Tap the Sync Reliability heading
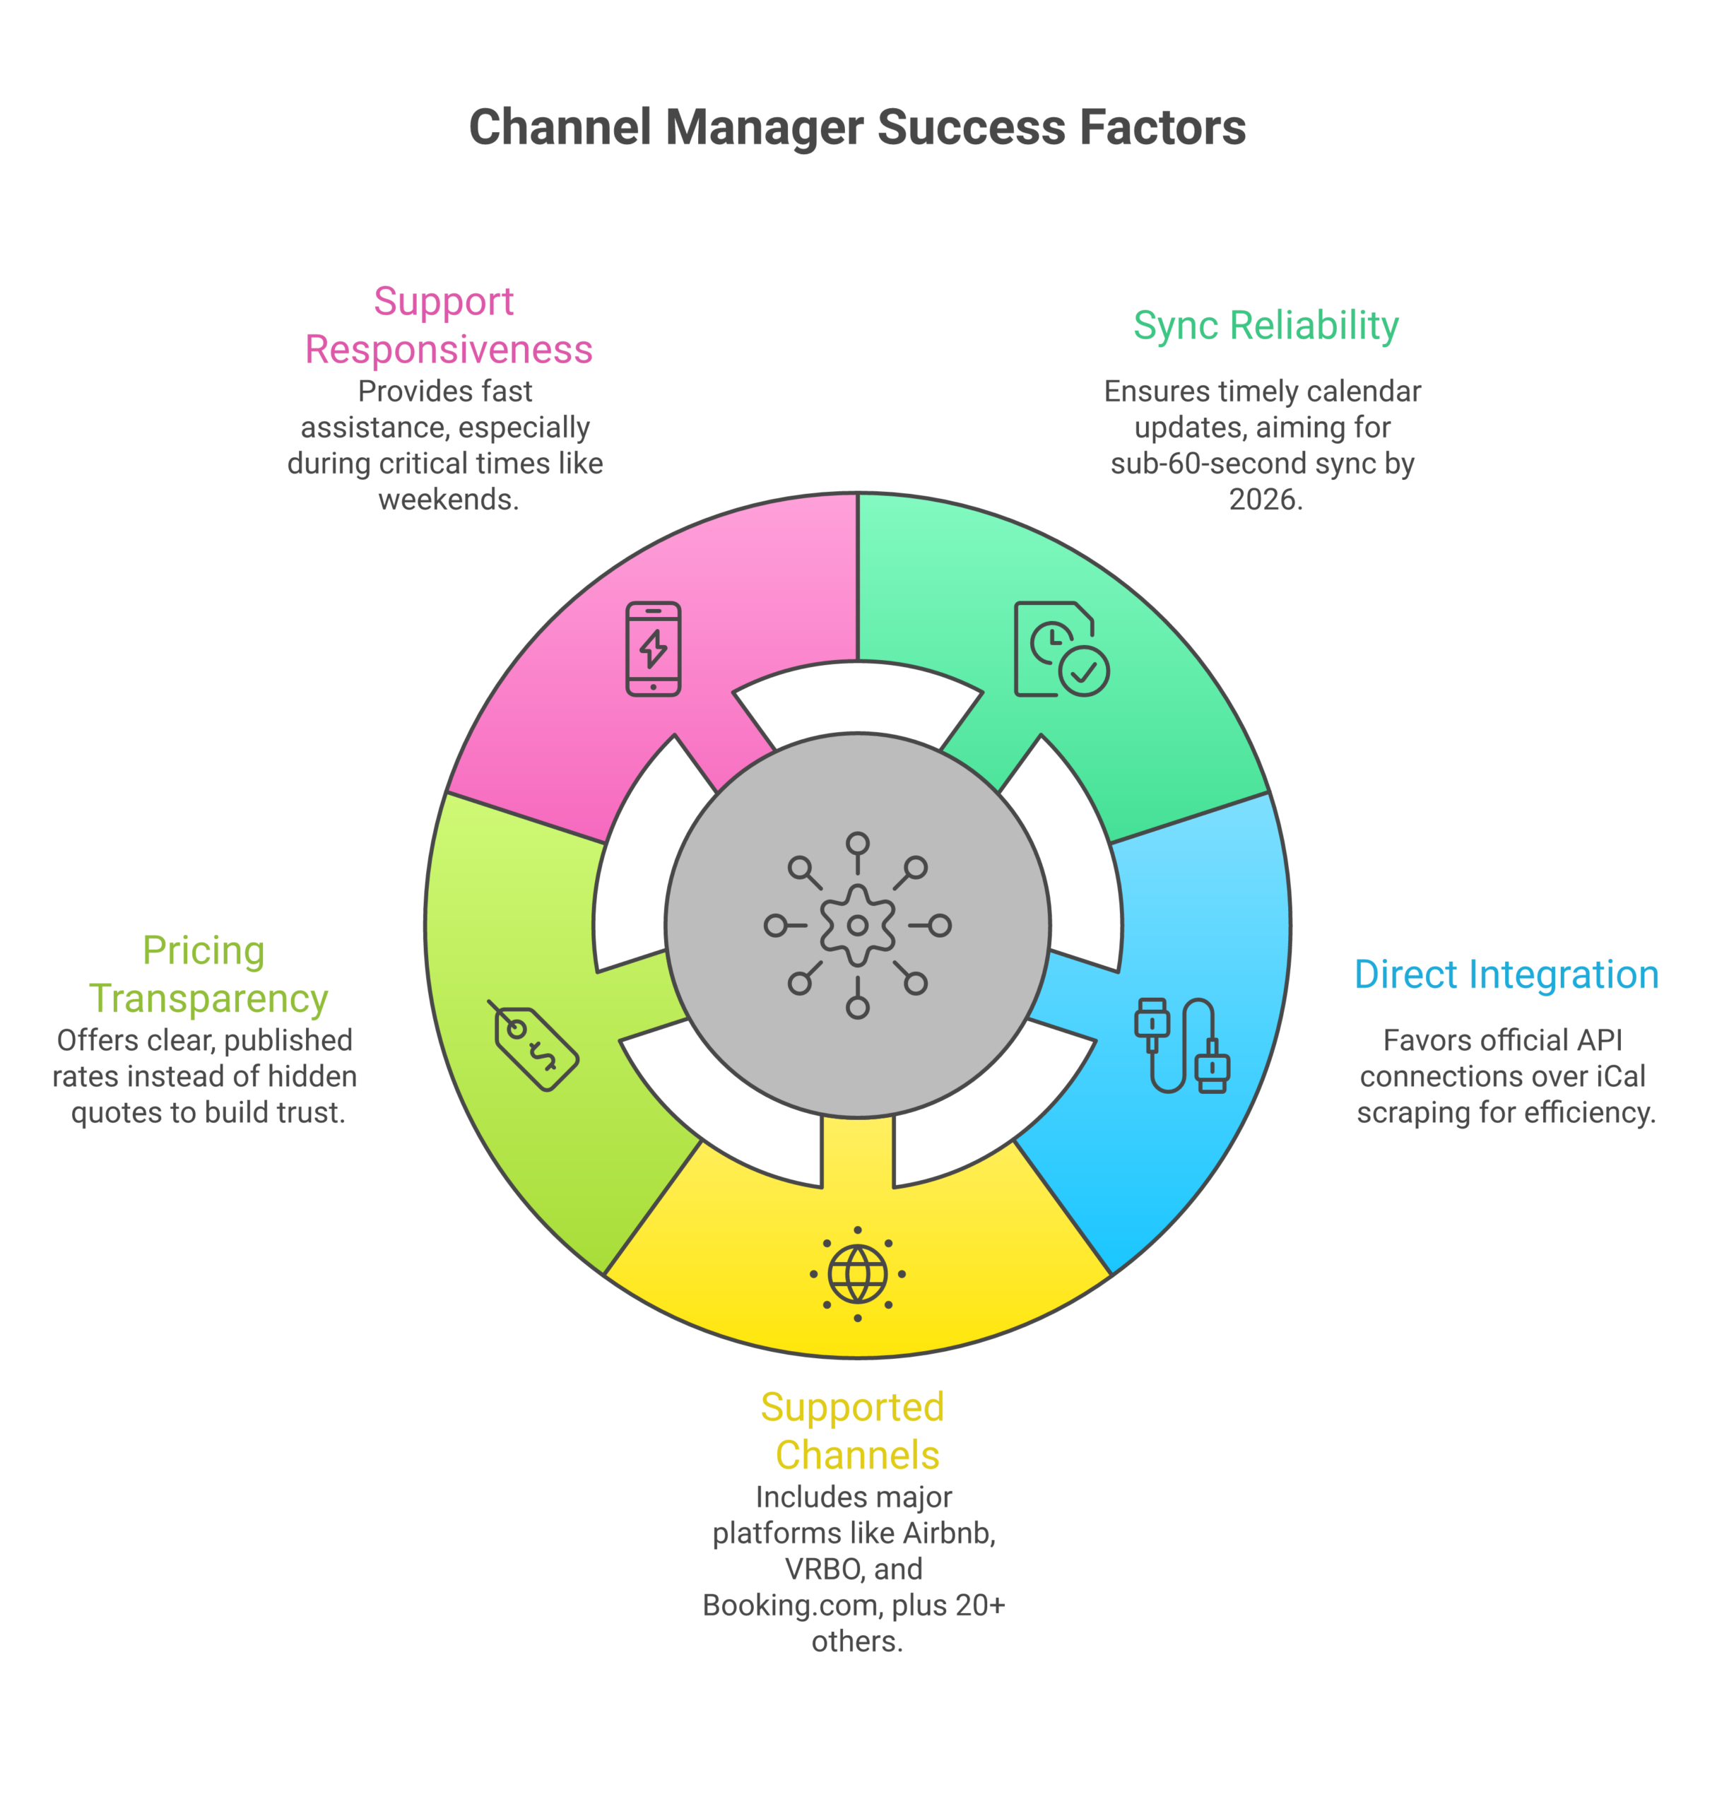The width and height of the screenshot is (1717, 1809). coord(1265,326)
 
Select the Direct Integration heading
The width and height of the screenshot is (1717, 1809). coord(1506,975)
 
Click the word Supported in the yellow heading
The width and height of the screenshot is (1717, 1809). coord(852,1408)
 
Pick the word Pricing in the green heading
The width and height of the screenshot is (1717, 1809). coord(203,951)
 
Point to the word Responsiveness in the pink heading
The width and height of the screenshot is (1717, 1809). coord(449,350)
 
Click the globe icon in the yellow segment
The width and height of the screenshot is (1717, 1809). coord(858,1273)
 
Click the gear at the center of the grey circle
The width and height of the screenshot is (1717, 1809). coord(858,925)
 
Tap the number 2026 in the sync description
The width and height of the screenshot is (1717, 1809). coord(1264,500)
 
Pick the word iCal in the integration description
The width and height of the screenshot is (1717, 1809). coord(1620,1077)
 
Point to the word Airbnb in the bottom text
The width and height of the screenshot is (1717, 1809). coord(948,1533)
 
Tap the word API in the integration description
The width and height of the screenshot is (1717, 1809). coord(1600,1041)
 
